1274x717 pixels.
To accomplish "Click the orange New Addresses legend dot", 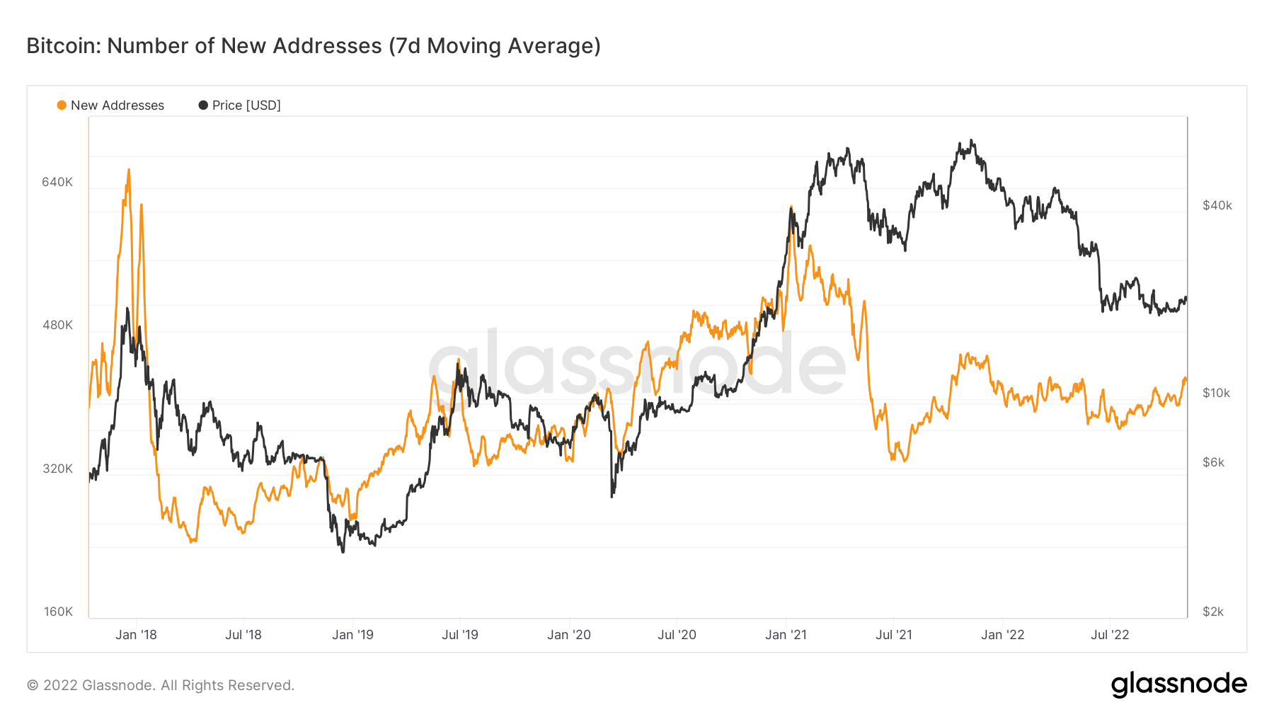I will pos(62,105).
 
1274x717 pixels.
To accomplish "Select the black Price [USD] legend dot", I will pos(203,105).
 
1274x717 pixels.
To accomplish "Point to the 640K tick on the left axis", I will pos(57,182).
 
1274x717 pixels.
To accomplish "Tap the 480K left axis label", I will pos(57,325).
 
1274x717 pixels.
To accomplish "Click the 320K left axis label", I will pos(57,469).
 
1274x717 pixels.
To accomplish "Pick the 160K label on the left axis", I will pos(58,612).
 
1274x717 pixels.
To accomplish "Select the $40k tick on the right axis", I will pos(1217,205).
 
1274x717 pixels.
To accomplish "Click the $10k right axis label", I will pos(1217,393).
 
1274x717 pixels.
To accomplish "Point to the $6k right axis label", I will pos(1213,462).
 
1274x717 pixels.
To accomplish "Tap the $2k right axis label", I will pos(1213,612).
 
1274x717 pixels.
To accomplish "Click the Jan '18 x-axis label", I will pos(136,635).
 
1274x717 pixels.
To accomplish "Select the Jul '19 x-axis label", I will pos(460,635).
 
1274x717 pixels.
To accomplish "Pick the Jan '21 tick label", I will pos(786,635).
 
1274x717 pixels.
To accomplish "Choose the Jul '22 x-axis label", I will pos(1110,635).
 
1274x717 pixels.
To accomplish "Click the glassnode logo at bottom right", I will pos(1178,684).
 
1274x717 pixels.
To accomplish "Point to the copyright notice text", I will pos(161,685).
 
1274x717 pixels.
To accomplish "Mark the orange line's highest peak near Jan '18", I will pos(129,170).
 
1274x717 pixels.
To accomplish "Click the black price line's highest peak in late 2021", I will pos(972,141).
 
